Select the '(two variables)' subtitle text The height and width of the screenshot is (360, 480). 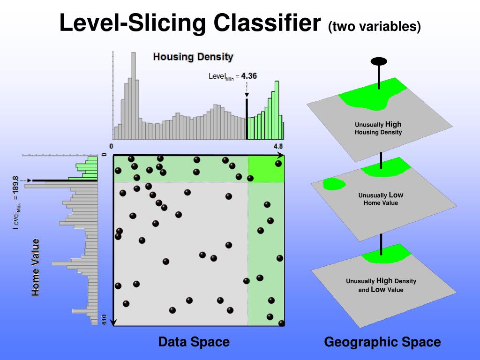pyautogui.click(x=375, y=27)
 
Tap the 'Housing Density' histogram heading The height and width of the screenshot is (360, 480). pyautogui.click(x=193, y=57)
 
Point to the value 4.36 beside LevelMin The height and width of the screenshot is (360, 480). pyautogui.click(x=249, y=75)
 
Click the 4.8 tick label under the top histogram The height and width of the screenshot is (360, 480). pyautogui.click(x=278, y=146)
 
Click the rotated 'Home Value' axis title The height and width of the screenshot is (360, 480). pyautogui.click(x=36, y=267)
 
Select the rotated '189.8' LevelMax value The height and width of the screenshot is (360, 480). pyautogui.click(x=15, y=186)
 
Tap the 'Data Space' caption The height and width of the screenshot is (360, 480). pyautogui.click(x=194, y=342)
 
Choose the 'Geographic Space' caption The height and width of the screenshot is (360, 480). pyautogui.click(x=382, y=342)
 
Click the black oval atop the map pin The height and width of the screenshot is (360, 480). pyautogui.click(x=379, y=61)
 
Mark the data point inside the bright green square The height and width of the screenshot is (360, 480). pyautogui.click(x=278, y=163)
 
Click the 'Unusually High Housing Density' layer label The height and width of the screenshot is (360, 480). pyautogui.click(x=378, y=128)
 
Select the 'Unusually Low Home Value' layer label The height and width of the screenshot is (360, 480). pyautogui.click(x=381, y=199)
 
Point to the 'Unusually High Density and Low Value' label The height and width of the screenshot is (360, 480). pyautogui.click(x=381, y=285)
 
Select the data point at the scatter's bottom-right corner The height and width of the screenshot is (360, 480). pyautogui.click(x=281, y=323)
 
